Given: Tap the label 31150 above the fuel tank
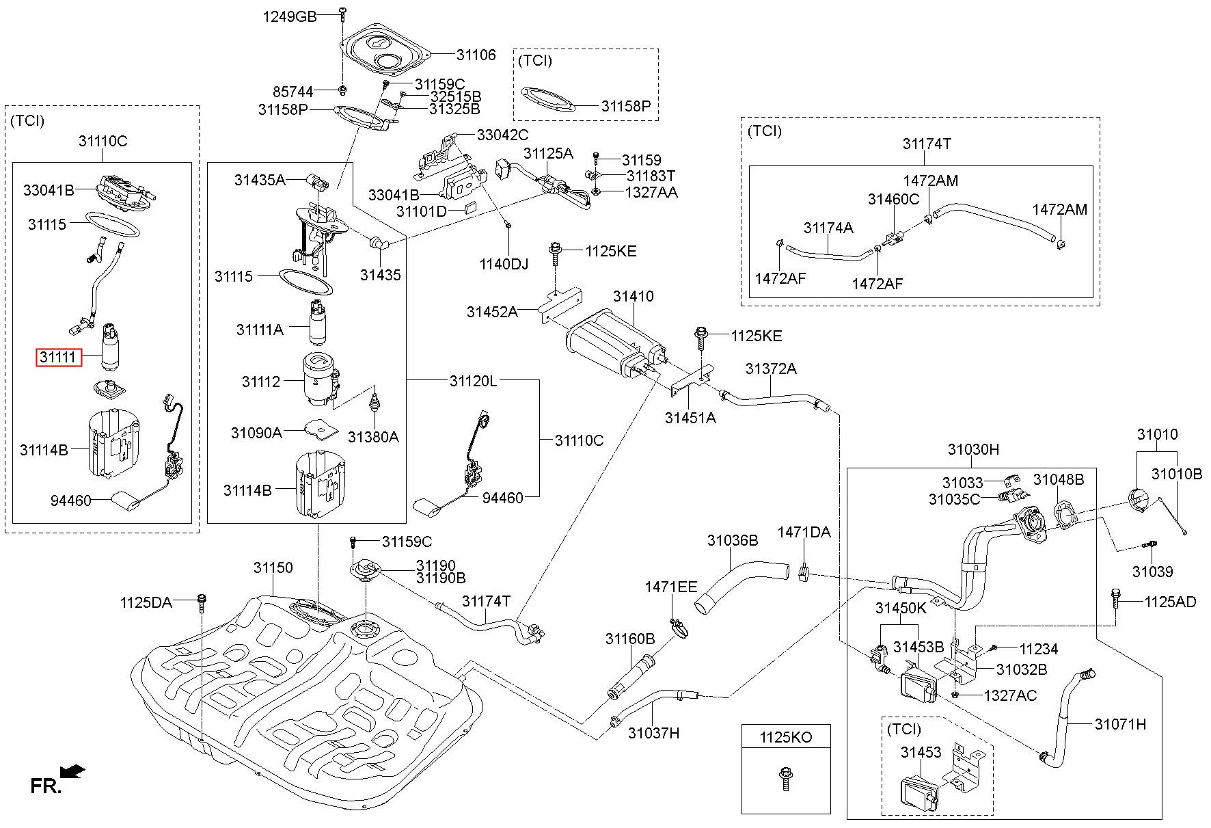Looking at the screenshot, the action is tap(273, 567).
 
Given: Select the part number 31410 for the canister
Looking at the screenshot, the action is tap(633, 297).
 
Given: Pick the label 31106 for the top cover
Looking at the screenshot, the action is tap(476, 55).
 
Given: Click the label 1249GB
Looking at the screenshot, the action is tap(290, 16).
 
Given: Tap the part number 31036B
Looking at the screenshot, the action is tap(733, 541).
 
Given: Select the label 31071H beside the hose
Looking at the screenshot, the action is tap(1120, 724).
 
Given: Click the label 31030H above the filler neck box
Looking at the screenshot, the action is tap(973, 449).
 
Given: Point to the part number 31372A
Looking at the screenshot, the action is tap(771, 369).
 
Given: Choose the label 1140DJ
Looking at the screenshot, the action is tap(504, 263).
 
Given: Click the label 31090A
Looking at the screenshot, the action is tap(256, 433).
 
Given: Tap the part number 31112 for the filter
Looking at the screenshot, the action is tap(261, 382).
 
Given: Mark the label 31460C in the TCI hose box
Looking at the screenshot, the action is tap(894, 199).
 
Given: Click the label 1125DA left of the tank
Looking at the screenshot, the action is tap(146, 602).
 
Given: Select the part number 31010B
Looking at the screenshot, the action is tap(1177, 474).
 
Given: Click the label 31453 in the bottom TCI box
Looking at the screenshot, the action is tap(921, 753).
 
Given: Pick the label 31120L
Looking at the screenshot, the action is tap(473, 381).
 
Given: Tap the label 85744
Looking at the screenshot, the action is tap(292, 92).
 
